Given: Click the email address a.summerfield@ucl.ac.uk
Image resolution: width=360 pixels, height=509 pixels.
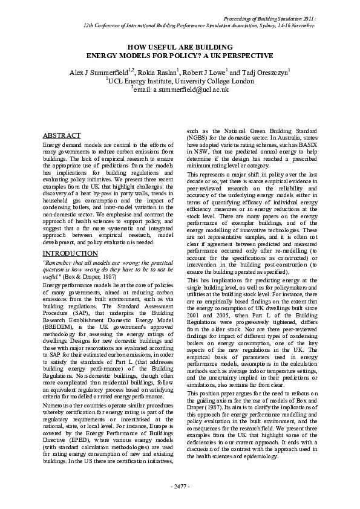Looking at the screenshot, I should click(x=191, y=89).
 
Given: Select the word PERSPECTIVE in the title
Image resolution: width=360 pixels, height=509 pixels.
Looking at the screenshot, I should click(x=242, y=54).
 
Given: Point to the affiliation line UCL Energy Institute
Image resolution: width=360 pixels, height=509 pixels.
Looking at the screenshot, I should click(x=180, y=79).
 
